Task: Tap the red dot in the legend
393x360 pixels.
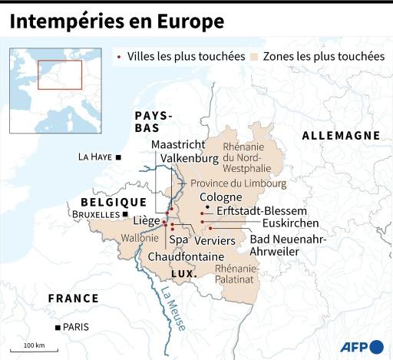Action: (118, 57)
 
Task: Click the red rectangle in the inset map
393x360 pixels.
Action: (60, 74)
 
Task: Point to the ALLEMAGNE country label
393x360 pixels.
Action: (341, 135)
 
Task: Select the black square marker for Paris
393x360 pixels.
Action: (58, 327)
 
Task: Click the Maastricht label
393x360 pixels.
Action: (178, 144)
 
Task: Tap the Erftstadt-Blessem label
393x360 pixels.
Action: (262, 210)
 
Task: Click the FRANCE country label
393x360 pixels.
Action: (73, 298)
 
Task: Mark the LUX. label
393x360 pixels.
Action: (184, 273)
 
